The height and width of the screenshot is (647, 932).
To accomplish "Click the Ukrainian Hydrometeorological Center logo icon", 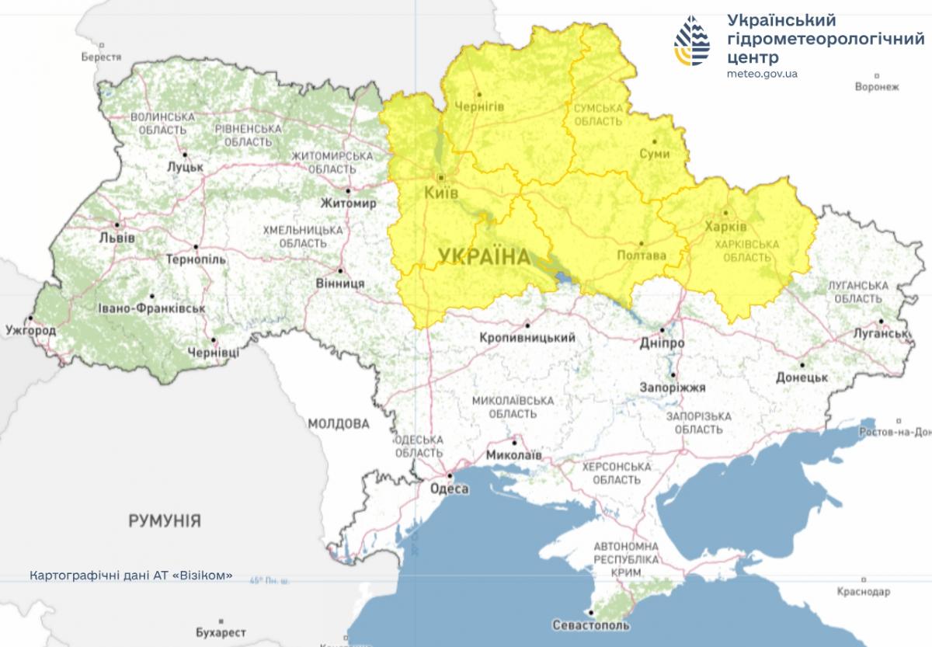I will [x=691, y=41].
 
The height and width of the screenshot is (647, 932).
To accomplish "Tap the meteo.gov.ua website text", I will [x=763, y=74].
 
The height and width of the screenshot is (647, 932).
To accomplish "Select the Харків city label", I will [x=725, y=227].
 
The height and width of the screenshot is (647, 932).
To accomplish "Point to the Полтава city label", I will [x=641, y=255].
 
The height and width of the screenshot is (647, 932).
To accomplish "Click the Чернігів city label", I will [x=479, y=106].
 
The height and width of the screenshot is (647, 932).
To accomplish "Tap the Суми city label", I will [x=655, y=155].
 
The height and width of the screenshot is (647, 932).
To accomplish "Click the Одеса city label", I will [x=449, y=489].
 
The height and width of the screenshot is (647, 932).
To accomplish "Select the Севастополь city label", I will [x=591, y=624].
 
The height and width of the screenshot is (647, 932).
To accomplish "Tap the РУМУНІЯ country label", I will [x=165, y=520].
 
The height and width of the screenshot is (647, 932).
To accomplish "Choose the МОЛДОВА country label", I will [x=339, y=424].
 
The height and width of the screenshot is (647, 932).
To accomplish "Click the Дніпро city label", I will [x=662, y=343].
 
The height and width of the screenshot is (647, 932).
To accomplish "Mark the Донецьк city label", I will [x=802, y=377].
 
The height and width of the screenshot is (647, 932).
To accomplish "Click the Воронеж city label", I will [x=877, y=87].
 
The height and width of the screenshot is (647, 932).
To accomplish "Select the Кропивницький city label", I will [x=527, y=338].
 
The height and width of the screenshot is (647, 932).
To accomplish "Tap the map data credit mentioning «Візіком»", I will [x=130, y=576].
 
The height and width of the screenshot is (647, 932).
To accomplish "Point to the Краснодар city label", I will [x=864, y=592].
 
